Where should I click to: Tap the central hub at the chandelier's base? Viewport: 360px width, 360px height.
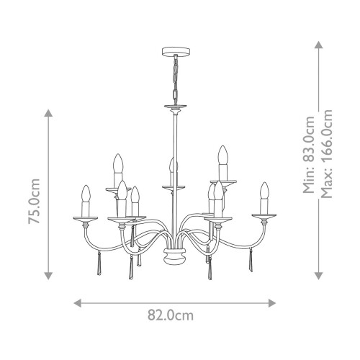point(172,254)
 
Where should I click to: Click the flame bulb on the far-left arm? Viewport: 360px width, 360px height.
point(86,197)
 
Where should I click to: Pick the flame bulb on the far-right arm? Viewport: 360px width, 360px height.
point(264,193)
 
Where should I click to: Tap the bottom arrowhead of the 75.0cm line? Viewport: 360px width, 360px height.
point(48,277)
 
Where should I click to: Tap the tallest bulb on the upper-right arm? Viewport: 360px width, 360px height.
point(223,156)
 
